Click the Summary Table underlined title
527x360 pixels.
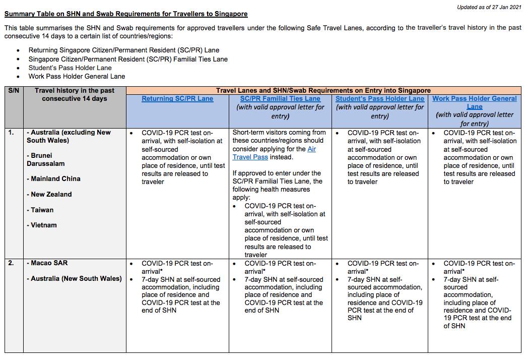tap(126, 14)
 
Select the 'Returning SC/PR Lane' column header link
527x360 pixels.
tap(177, 99)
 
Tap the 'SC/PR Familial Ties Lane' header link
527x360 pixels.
tap(280, 99)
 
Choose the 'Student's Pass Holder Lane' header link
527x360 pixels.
tap(380, 99)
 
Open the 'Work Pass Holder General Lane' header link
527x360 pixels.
tap(475, 102)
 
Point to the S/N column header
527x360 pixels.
tap(13, 91)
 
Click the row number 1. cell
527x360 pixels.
tap(11, 133)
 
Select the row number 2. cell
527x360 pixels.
tap(11, 263)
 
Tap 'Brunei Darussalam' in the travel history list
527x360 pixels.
tap(46, 159)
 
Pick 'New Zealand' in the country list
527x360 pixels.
tap(51, 195)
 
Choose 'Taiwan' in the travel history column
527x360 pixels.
tap(42, 210)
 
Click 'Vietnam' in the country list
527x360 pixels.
tap(43, 225)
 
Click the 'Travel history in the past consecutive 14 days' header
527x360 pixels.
tap(75, 95)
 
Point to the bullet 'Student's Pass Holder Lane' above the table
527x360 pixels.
tap(70, 68)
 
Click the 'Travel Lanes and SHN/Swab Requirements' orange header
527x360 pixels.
tap(323, 91)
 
